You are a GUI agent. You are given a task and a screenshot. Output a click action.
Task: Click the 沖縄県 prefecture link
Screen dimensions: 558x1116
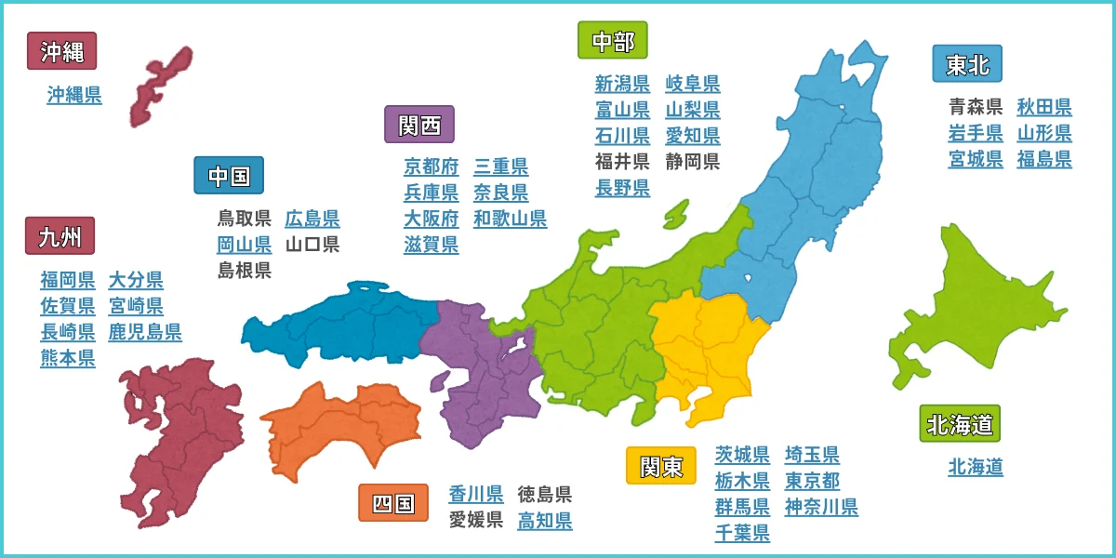point(74,95)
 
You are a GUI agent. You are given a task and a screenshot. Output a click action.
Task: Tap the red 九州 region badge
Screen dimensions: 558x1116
point(60,237)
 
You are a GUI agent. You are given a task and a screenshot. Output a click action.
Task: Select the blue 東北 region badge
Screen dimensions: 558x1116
point(961,64)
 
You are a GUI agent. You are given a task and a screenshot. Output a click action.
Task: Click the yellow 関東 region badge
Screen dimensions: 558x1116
point(661,466)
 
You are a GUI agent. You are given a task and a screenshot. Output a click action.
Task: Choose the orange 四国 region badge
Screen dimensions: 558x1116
point(393,503)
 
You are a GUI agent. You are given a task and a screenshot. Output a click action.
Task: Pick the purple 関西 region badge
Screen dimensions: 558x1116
point(419,125)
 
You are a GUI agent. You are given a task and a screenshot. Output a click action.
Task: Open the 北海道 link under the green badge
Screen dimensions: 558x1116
point(976,467)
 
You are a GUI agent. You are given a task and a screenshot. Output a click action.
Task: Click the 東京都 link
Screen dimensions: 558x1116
point(812,481)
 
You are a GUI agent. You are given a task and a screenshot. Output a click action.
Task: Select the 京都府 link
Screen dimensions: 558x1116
point(432,167)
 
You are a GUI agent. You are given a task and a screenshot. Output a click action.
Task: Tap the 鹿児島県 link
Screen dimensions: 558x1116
point(145,332)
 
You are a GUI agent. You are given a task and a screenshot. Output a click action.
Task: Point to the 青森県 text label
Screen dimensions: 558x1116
point(976,107)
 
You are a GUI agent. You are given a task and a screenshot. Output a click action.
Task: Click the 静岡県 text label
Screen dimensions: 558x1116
point(693,162)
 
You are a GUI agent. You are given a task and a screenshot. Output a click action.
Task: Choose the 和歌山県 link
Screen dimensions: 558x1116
point(510,219)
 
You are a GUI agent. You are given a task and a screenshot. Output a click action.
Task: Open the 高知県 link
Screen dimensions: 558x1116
point(545,521)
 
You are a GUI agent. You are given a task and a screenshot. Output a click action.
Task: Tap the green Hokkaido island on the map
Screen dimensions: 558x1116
point(967,298)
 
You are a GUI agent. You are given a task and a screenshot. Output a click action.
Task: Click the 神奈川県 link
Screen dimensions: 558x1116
point(821,508)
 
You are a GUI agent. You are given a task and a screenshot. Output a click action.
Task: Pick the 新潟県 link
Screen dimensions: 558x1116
point(622,85)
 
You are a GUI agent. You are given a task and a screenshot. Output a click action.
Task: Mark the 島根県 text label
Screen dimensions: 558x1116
point(244,271)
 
